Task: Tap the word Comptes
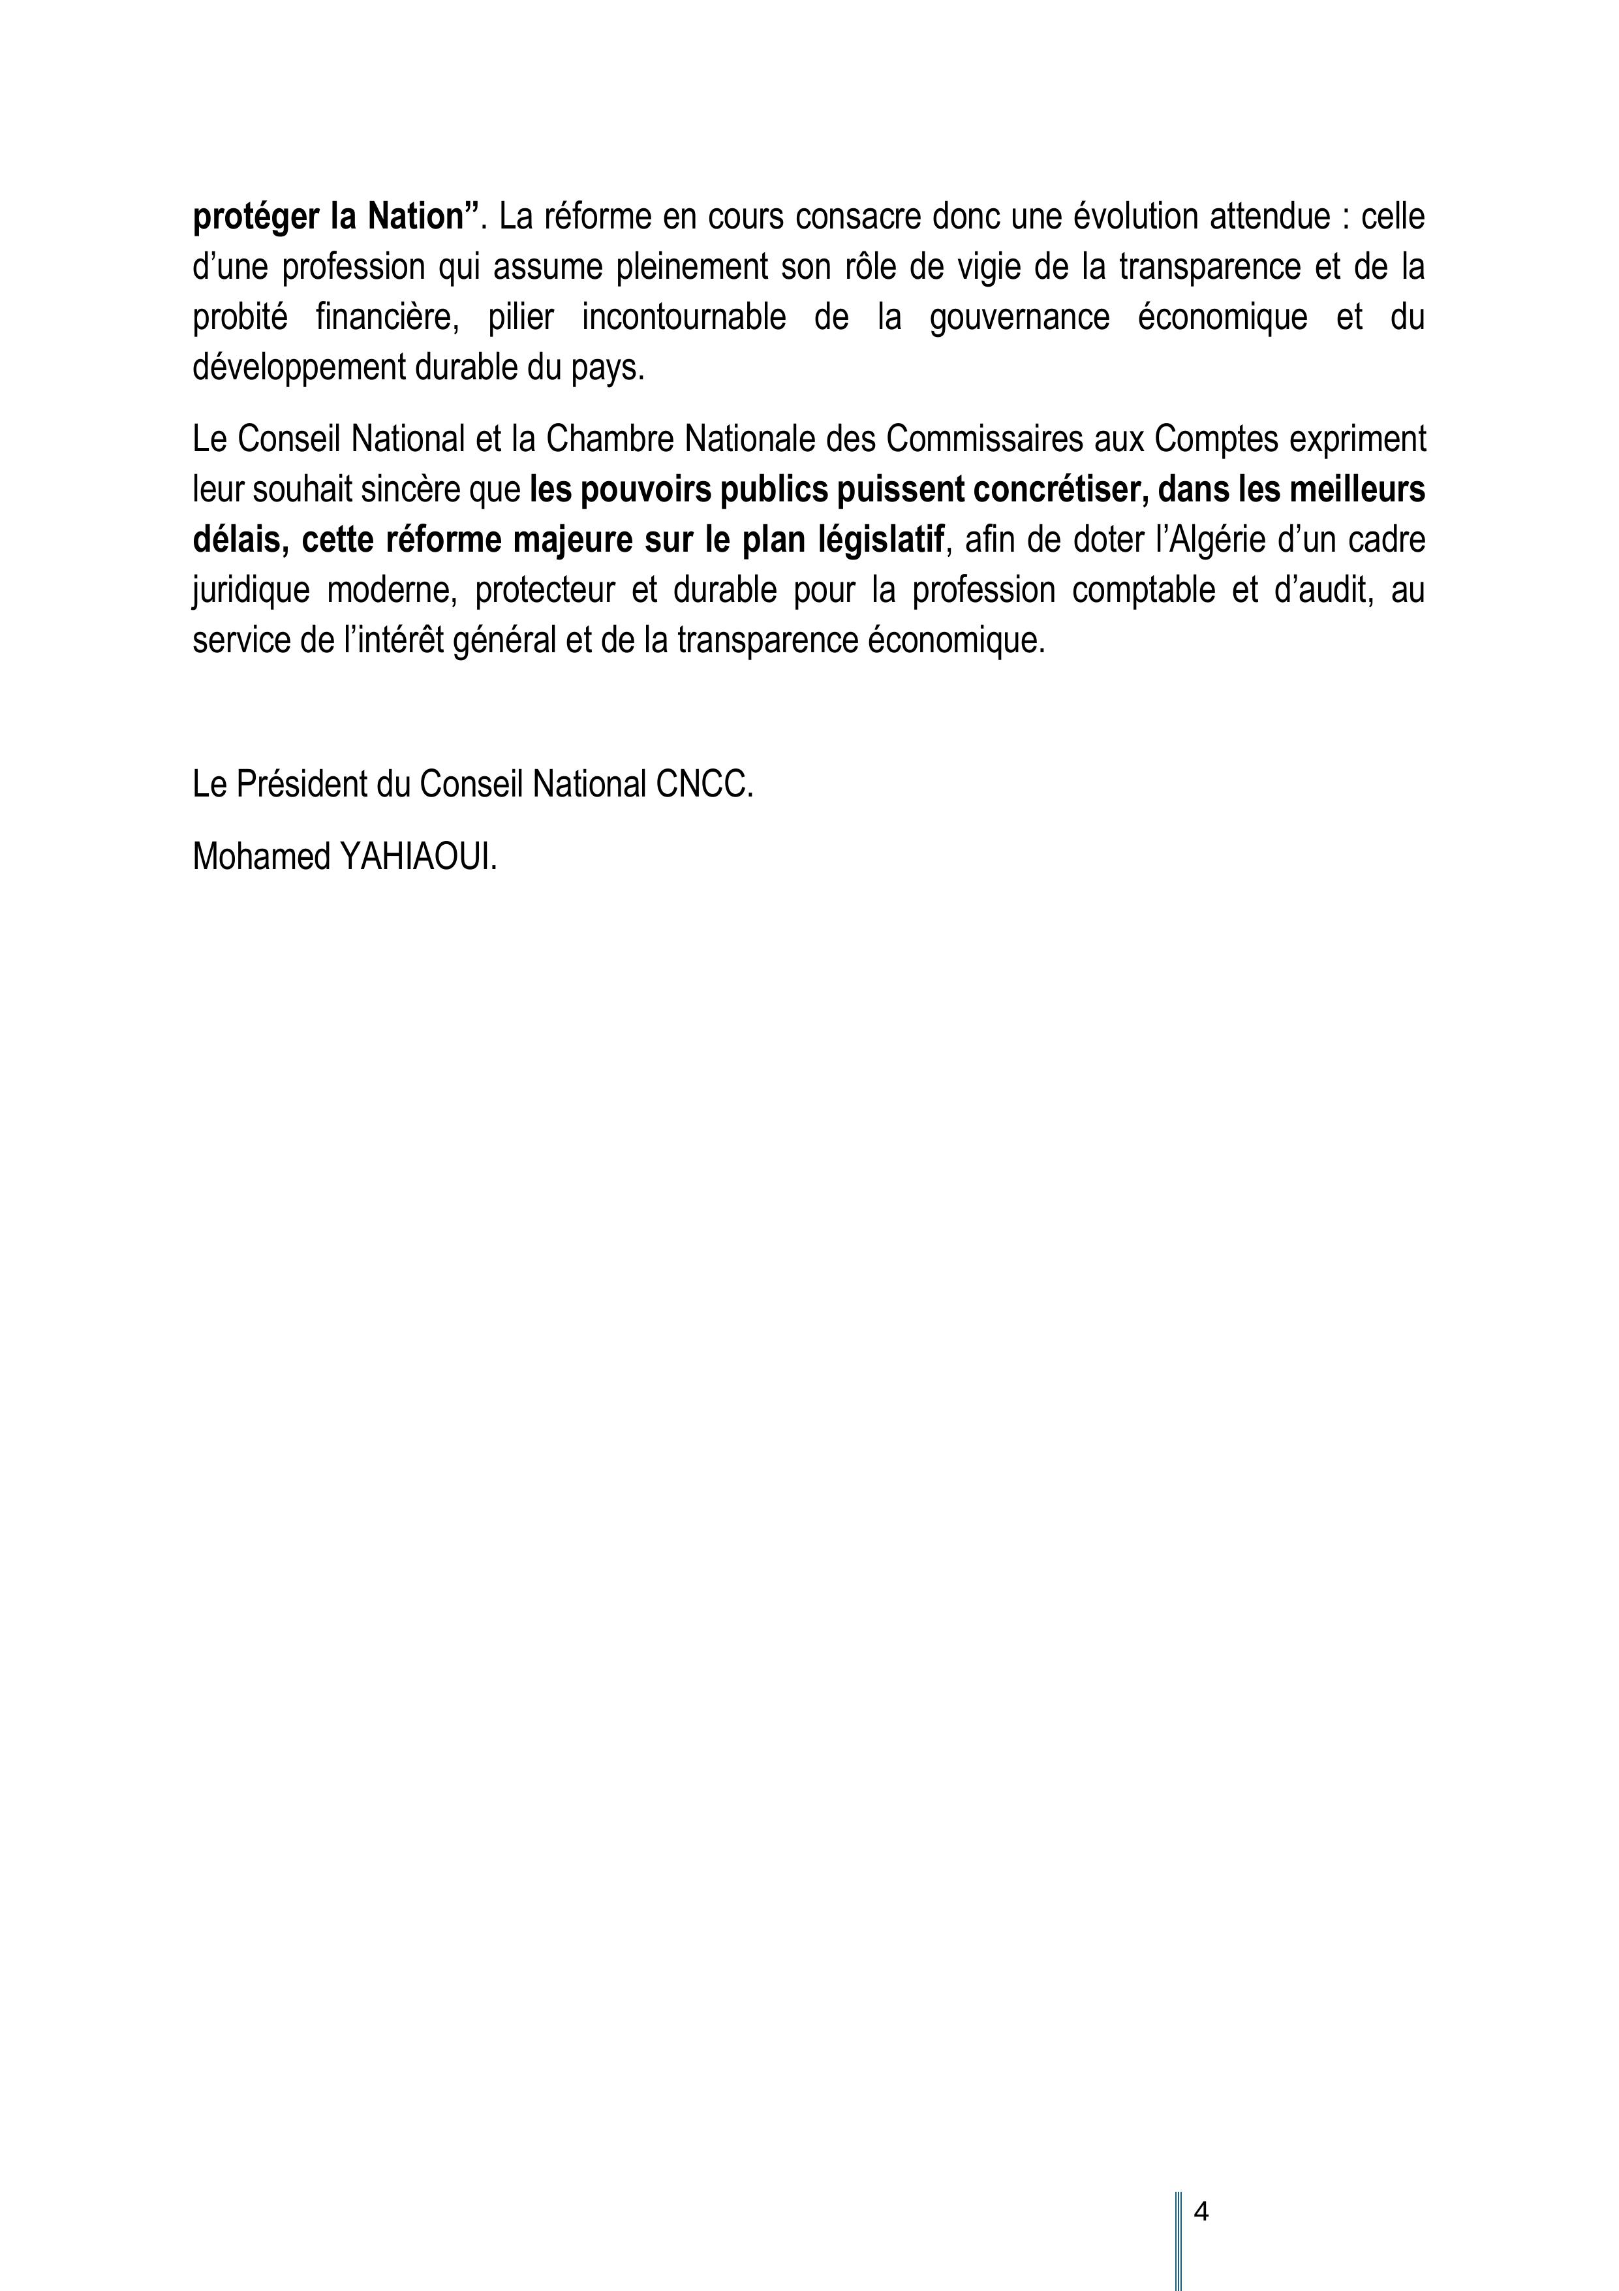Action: pyautogui.click(x=1216, y=440)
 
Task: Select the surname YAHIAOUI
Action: pyautogui.click(x=419, y=857)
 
